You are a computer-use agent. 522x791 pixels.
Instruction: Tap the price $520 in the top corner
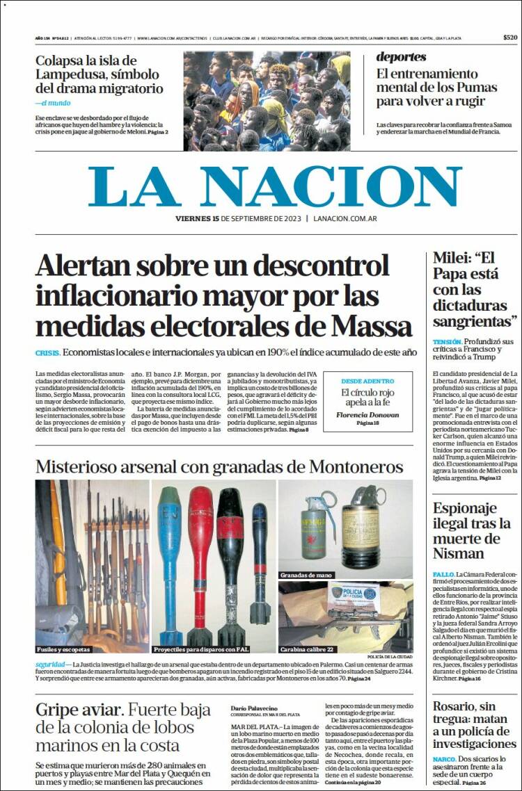[x=510, y=38]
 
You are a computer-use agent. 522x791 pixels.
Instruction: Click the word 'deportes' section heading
[x=402, y=57]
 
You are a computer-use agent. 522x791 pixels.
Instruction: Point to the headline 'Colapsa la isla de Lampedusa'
[x=98, y=74]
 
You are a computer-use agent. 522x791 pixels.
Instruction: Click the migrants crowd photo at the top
[x=267, y=101]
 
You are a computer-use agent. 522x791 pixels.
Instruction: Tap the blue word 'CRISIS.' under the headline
[x=47, y=352]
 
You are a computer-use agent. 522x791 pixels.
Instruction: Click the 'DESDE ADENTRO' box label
[x=367, y=381]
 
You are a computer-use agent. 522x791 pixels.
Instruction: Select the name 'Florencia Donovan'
[x=367, y=414]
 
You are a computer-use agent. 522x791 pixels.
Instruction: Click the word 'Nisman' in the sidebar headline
[x=459, y=553]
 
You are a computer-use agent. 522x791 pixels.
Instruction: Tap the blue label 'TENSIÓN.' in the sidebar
[x=447, y=342]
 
